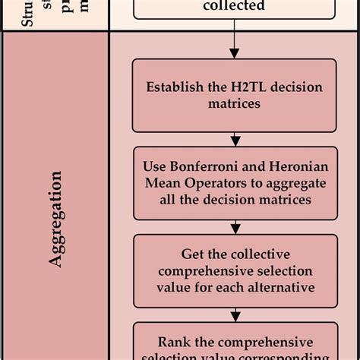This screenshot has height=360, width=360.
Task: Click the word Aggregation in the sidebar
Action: pos(55,218)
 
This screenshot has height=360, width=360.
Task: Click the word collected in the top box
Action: pos(234,6)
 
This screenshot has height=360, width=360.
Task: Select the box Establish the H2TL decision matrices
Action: pos(234,95)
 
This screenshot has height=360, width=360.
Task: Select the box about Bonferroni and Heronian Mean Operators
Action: pos(234,182)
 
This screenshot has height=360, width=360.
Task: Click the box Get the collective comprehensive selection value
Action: pos(234,270)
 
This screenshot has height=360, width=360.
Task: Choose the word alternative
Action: pos(284,288)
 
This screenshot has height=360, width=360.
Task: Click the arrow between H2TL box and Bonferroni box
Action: pos(235,140)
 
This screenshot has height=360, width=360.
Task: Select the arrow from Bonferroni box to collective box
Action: pos(235,227)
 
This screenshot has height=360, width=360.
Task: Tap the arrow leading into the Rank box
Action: pos(235,314)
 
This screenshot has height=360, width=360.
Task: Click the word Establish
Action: pos(173,87)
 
